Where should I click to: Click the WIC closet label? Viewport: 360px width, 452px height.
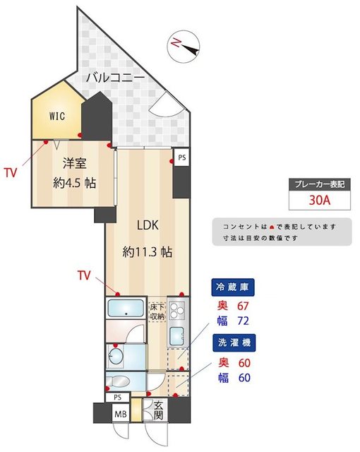(57, 116)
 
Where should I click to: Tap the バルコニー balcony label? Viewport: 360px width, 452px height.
(115, 78)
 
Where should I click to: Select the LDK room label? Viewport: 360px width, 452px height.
(148, 225)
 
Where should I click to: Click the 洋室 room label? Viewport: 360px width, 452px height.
(75, 163)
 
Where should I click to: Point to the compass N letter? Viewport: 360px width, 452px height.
(176, 43)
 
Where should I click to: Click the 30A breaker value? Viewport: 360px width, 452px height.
(319, 200)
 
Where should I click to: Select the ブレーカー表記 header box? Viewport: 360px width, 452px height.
(320, 184)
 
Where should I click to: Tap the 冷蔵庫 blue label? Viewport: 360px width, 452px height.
(233, 287)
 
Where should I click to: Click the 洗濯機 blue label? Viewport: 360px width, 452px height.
(234, 343)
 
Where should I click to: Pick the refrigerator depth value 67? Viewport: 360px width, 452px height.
(243, 306)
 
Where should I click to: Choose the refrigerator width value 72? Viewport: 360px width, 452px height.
(243, 321)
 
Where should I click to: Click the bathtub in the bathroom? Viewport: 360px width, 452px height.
(126, 308)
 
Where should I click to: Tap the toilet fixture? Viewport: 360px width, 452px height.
(117, 381)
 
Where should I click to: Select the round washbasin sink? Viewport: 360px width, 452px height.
(116, 356)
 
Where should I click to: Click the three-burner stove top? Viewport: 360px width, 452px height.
(176, 310)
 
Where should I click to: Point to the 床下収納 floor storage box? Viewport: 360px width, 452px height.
(157, 312)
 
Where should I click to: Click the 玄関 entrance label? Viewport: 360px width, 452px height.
(159, 411)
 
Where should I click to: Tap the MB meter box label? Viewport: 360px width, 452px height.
(121, 415)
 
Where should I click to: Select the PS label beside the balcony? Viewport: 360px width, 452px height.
(182, 157)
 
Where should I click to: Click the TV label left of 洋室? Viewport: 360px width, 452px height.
(11, 172)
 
